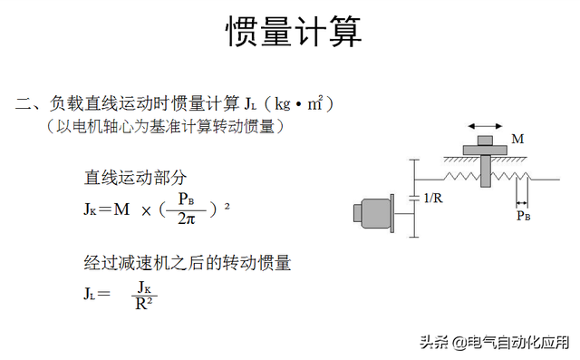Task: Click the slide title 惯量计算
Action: (x=293, y=33)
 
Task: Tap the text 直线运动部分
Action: (x=136, y=177)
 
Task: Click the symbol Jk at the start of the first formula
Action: (x=90, y=209)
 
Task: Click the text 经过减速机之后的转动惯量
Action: (x=187, y=264)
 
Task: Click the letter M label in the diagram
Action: (x=517, y=140)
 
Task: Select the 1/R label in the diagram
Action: (x=434, y=197)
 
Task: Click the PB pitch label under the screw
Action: (x=523, y=216)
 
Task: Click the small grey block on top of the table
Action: (x=486, y=140)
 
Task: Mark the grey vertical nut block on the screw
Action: (x=487, y=170)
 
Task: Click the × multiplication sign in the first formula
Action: (x=145, y=210)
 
